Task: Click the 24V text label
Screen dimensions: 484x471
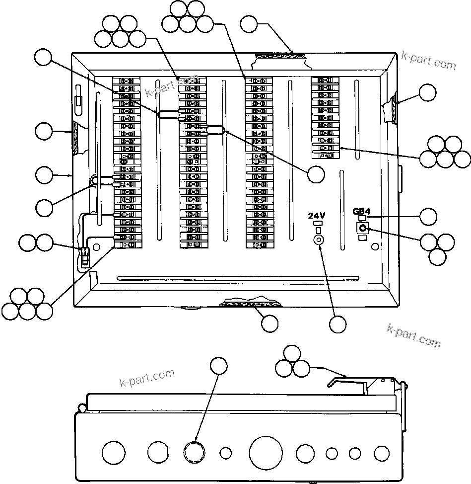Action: click(x=316, y=216)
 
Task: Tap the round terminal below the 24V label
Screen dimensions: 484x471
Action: click(x=318, y=240)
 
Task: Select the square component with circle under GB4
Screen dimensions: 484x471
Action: click(x=363, y=228)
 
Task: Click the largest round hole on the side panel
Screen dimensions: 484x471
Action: click(x=266, y=453)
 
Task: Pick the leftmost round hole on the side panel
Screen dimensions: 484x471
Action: click(x=114, y=453)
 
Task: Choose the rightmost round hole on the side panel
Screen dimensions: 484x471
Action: click(x=382, y=453)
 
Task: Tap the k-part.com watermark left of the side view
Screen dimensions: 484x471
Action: click(x=147, y=378)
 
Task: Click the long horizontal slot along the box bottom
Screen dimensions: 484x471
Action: click(x=237, y=278)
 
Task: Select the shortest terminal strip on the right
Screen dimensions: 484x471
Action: click(x=325, y=118)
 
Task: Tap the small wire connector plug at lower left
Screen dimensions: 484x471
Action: click(x=84, y=254)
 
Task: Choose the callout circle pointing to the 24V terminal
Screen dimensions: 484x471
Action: click(x=338, y=324)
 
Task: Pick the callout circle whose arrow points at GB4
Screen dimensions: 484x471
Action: click(x=428, y=217)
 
